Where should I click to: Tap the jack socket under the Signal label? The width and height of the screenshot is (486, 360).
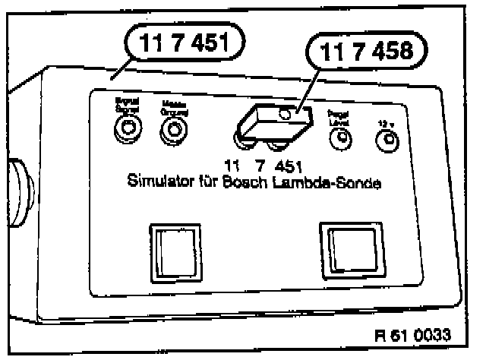[x=125, y=135]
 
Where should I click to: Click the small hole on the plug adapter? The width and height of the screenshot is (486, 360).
[x=286, y=115]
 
